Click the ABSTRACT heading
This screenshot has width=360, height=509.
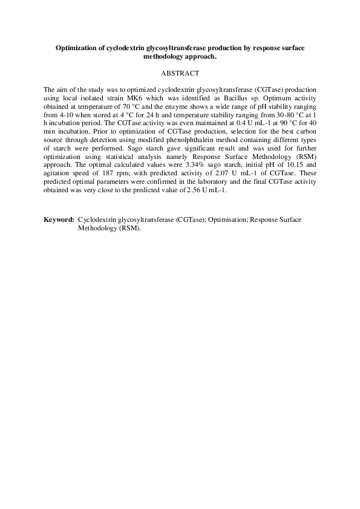pos(180,73)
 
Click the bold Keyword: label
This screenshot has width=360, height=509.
pos(59,219)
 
